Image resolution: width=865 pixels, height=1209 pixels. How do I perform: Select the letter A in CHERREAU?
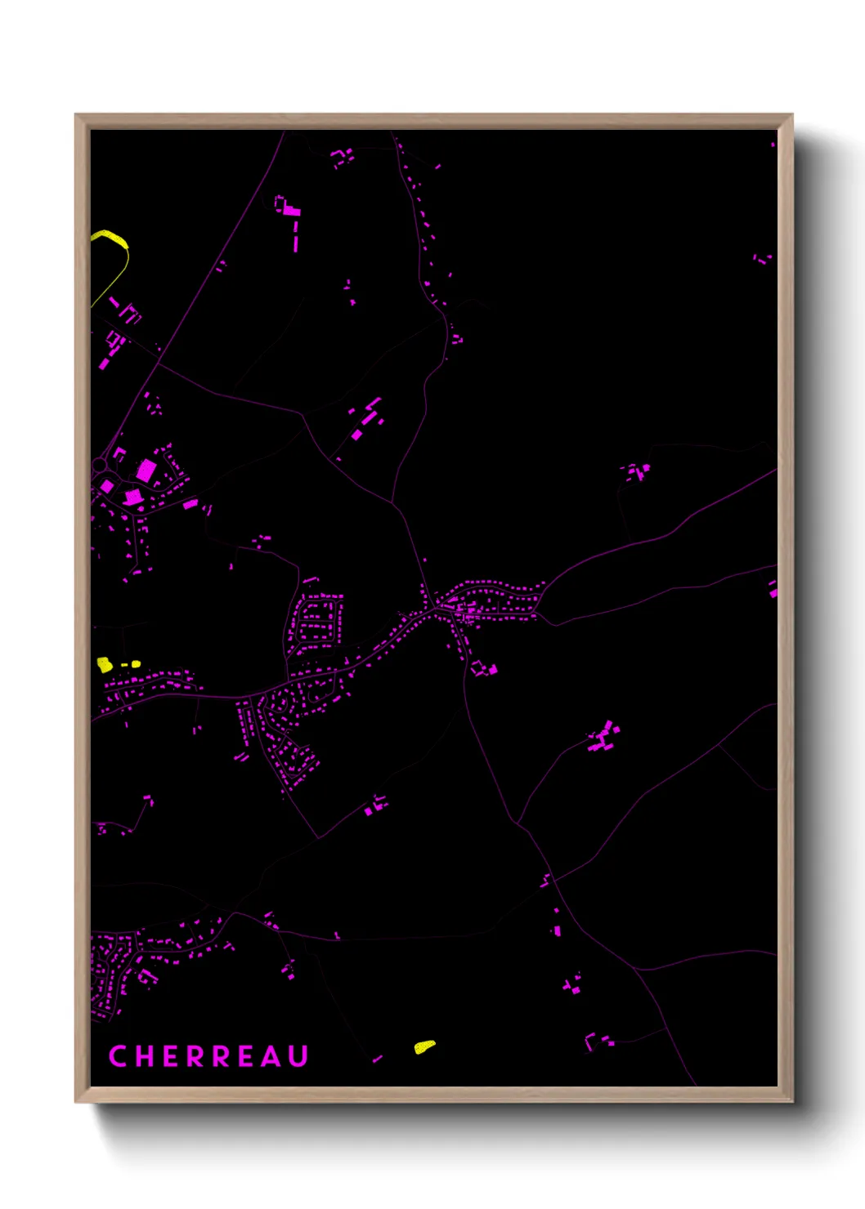pos(272,1056)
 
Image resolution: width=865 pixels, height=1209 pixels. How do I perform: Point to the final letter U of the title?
pos(298,1056)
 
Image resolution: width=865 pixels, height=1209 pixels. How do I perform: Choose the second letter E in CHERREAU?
pos(247,1056)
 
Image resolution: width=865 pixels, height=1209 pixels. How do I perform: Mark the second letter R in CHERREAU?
pos(221,1056)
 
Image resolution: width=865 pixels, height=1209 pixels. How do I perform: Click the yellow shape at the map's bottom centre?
pos(424,1046)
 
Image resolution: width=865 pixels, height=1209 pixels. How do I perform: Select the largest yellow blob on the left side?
pos(105,664)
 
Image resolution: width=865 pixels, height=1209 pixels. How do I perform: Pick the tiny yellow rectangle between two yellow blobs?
pos(124,665)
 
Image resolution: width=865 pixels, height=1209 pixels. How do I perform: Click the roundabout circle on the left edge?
pos(99,466)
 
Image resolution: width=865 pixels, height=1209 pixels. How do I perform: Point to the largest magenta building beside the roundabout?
pos(146,470)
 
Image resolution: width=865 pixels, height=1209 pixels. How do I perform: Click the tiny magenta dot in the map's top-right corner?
pos(773,145)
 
